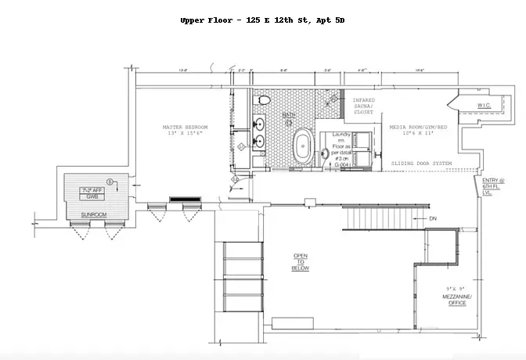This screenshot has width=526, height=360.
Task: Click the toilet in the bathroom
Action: click(x=264, y=100)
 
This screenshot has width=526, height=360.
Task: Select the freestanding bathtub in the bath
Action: click(x=301, y=146)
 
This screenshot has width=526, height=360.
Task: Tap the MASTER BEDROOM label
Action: click(x=185, y=127)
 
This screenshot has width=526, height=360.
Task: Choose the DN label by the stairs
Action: click(x=432, y=218)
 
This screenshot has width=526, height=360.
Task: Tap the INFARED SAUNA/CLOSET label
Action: click(x=364, y=106)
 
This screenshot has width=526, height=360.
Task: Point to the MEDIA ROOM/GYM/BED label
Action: click(x=419, y=127)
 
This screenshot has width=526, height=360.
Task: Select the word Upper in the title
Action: click(x=192, y=20)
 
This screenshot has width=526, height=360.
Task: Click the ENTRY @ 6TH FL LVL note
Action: click(x=493, y=186)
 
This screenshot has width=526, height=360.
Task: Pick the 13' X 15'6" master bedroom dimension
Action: click(x=185, y=133)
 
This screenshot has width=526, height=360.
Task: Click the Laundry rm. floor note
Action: click(x=341, y=149)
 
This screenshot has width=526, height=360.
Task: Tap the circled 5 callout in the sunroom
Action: click(x=110, y=182)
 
